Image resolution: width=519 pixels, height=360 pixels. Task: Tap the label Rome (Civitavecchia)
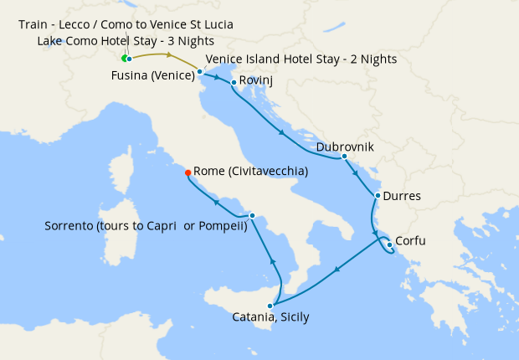click(x=250, y=171)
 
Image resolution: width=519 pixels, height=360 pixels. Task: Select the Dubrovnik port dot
click(x=344, y=157)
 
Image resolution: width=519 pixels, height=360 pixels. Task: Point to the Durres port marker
click(x=378, y=196)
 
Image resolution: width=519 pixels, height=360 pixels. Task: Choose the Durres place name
click(x=403, y=197)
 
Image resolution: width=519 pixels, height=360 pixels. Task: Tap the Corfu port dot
click(x=390, y=244)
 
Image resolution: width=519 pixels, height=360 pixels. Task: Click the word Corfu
click(x=410, y=241)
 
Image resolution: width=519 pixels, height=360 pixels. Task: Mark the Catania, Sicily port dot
click(x=270, y=306)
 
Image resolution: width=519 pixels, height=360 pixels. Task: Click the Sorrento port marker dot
click(x=252, y=215)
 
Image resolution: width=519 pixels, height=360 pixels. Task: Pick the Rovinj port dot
click(x=233, y=82)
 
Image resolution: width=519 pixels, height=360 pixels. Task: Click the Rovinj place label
click(x=256, y=80)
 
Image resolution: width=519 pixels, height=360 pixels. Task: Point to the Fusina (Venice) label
click(x=152, y=75)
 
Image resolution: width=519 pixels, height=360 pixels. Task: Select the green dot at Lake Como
click(x=124, y=59)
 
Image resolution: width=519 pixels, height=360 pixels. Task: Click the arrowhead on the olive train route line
click(x=171, y=55)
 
